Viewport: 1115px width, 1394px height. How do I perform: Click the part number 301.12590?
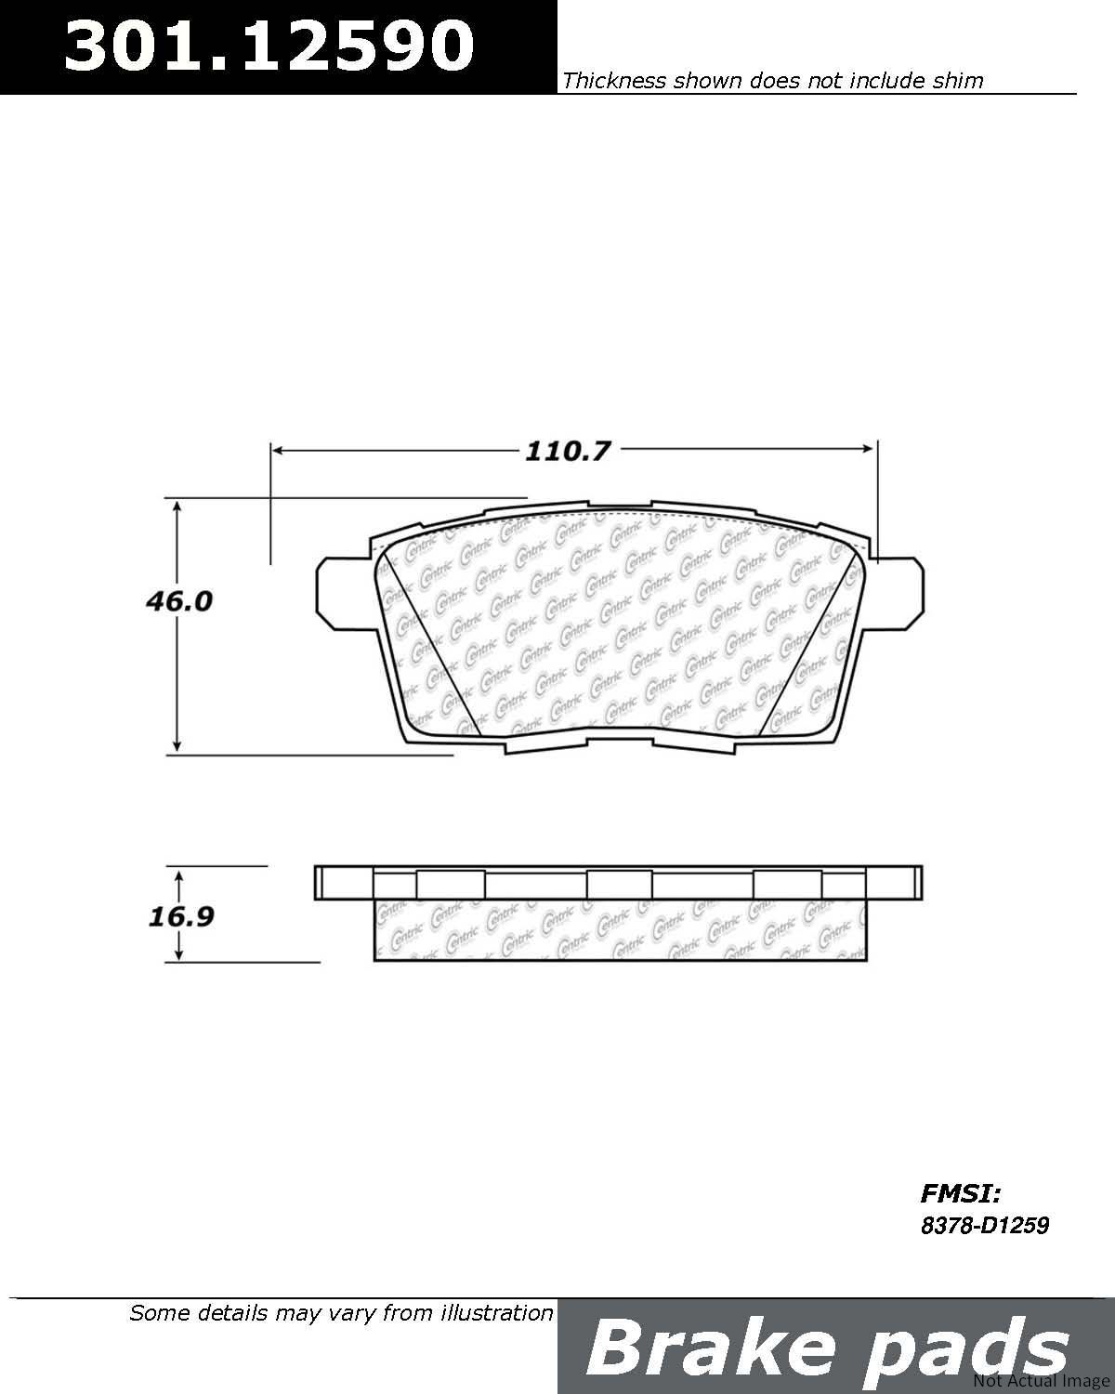coord(269,46)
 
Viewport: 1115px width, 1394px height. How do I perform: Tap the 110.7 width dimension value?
coord(568,452)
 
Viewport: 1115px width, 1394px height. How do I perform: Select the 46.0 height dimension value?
coord(179,602)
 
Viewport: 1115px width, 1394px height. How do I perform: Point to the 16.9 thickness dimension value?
coord(181,916)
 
